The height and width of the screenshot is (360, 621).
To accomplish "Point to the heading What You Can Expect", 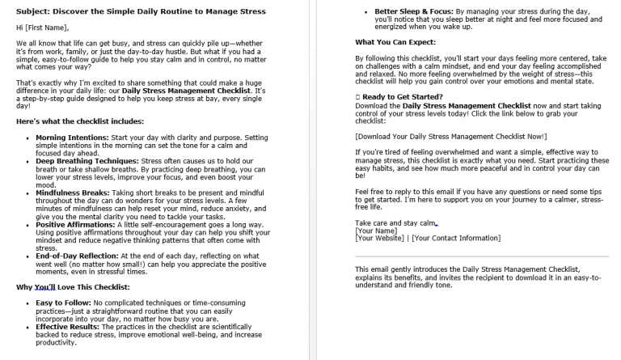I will coord(393,41).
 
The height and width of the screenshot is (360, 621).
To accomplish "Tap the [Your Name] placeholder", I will coord(375,231).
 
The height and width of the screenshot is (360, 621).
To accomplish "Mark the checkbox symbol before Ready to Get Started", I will coord(358,95).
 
